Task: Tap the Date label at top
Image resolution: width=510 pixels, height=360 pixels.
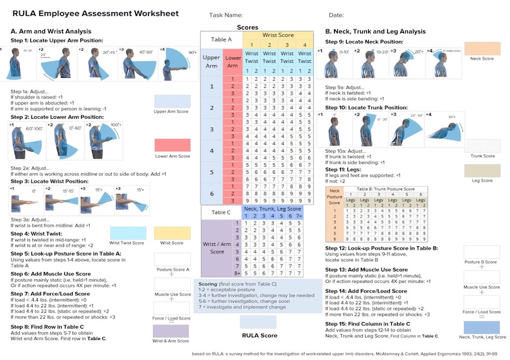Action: tap(337, 15)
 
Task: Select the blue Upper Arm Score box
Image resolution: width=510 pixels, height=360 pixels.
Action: tap(172, 101)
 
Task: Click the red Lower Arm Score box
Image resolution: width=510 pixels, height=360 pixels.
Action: tap(172, 145)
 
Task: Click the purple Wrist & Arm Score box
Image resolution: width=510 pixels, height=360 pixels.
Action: tap(172, 331)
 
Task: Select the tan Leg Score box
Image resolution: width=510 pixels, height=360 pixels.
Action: tap(482, 170)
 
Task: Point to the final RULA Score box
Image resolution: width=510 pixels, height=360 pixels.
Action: tap(258, 321)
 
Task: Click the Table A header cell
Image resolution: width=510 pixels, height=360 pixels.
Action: tap(221, 39)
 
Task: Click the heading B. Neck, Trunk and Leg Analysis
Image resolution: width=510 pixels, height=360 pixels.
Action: tap(375, 31)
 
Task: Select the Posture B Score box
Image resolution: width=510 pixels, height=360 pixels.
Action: tap(482, 252)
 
